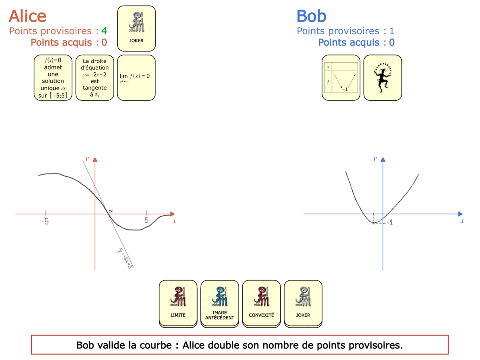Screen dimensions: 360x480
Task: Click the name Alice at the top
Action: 27,16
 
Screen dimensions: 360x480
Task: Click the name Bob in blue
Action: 311,16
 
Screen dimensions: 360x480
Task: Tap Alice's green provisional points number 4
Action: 104,31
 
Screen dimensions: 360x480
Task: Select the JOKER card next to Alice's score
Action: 136,28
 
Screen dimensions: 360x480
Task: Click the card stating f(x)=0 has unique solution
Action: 53,78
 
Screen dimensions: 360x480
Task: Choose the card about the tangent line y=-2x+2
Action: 95,78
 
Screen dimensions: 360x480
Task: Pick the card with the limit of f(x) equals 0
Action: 136,78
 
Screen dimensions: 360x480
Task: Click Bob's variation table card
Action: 341,78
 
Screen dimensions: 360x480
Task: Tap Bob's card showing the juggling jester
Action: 382,78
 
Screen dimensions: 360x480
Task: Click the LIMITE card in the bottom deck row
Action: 178,302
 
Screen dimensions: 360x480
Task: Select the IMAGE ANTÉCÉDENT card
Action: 220,302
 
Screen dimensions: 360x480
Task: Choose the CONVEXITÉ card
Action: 261,302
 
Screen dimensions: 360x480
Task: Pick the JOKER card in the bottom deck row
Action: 303,302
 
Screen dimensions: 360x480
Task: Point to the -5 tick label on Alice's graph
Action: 45,221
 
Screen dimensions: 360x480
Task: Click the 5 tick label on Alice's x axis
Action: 146,220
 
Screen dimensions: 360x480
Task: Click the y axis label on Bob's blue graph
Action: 375,159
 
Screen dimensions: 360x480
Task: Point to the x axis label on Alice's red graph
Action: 174,221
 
